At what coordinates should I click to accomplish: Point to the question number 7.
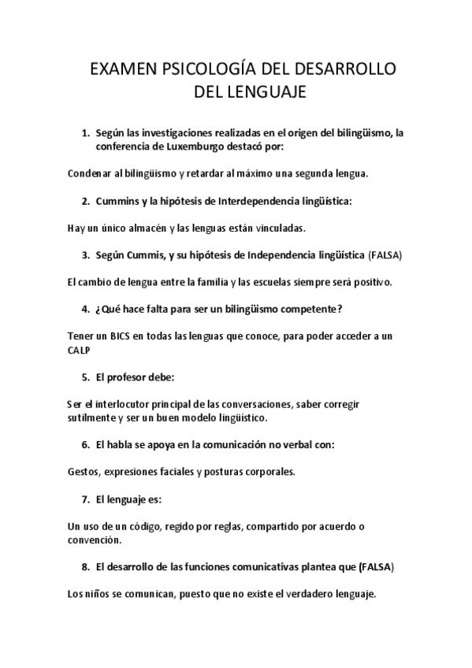click(x=85, y=499)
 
